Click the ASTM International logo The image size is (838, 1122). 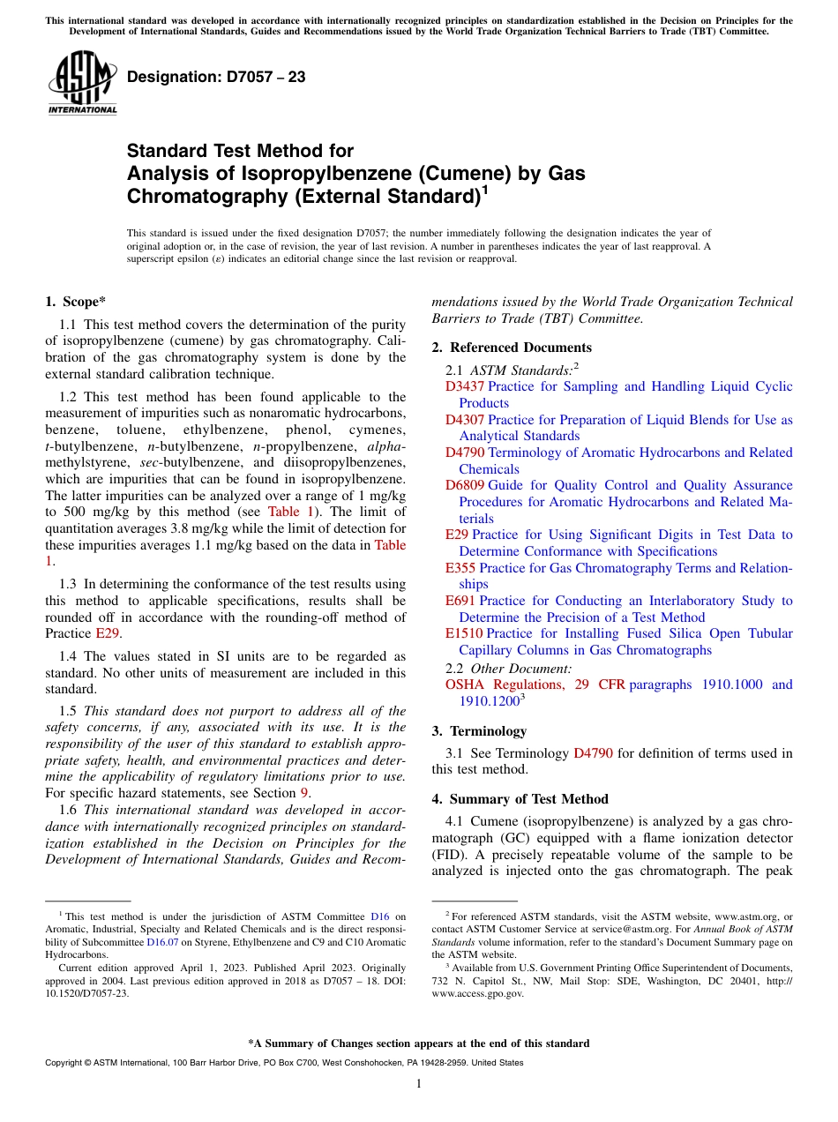(82, 85)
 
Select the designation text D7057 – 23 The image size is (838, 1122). (216, 78)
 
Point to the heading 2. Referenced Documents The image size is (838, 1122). (512, 348)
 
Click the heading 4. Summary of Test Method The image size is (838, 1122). (520, 799)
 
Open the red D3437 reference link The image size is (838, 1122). (464, 386)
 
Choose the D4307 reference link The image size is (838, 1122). (464, 420)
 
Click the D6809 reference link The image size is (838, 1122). (464, 485)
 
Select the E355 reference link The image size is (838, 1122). (460, 568)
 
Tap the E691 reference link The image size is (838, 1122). (460, 601)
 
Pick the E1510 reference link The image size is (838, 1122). (464, 633)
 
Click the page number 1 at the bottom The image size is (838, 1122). (418, 1084)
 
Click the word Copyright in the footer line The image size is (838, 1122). (63, 1063)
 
